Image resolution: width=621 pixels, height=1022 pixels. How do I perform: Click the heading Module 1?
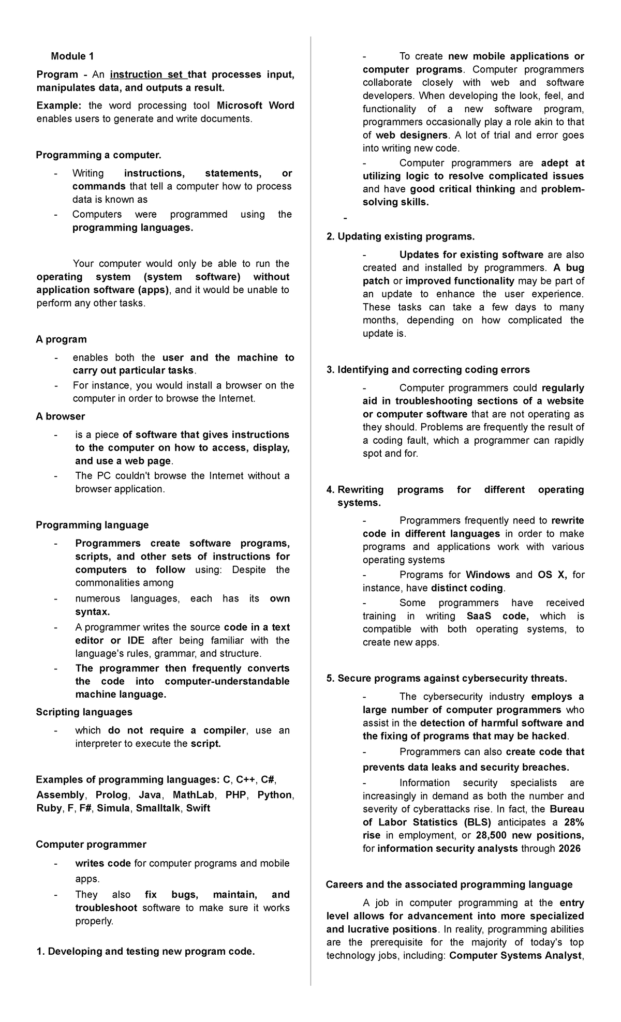72,56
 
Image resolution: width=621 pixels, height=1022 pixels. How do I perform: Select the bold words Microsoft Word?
256,106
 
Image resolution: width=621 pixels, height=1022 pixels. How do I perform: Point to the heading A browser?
60,416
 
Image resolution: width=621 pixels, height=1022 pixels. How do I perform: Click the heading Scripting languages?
84,712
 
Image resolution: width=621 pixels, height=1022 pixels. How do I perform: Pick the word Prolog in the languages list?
112,795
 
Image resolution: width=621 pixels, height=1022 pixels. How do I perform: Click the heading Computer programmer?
91,845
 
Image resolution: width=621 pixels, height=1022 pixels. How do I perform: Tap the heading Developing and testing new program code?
146,952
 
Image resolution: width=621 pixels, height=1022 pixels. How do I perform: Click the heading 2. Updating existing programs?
401,237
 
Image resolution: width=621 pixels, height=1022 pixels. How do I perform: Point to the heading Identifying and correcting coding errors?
428,370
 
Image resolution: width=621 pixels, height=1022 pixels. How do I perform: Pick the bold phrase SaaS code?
497,616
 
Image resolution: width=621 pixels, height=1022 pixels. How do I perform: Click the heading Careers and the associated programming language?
449,884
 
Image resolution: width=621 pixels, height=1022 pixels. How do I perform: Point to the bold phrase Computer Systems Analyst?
515,955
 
